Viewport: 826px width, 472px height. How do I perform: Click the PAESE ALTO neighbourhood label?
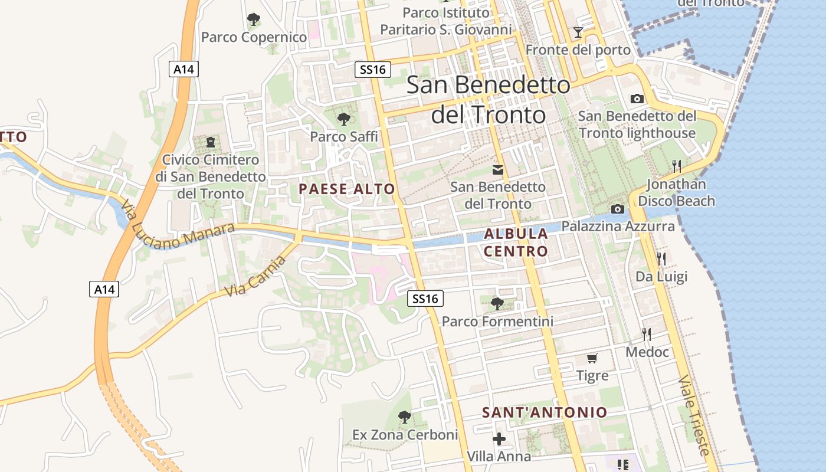click(x=346, y=189)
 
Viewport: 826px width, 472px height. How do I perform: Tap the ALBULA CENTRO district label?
click(x=516, y=242)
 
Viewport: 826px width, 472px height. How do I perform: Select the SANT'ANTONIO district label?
click(x=545, y=412)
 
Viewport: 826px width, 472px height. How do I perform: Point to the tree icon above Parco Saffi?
click(x=343, y=119)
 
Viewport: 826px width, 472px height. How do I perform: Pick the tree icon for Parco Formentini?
click(x=497, y=304)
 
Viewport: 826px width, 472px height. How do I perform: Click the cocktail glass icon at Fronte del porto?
click(x=578, y=32)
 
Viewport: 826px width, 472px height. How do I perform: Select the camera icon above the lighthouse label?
click(x=637, y=99)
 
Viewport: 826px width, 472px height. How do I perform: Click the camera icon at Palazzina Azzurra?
click(x=618, y=209)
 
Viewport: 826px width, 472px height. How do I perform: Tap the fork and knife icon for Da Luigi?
click(x=661, y=258)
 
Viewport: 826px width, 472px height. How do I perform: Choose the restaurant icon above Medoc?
click(x=647, y=335)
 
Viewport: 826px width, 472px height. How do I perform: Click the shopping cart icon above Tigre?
click(x=592, y=358)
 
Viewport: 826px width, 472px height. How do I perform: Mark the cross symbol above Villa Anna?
click(x=499, y=439)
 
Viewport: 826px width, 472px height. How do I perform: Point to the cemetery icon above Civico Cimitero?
click(x=211, y=142)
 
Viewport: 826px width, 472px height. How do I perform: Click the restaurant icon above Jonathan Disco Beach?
click(x=676, y=166)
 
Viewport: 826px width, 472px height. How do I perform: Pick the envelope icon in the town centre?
click(x=498, y=170)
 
